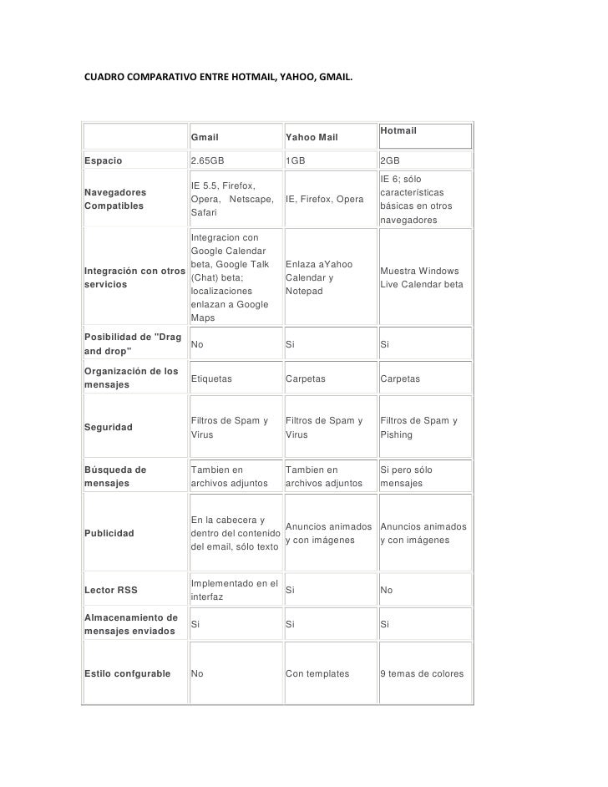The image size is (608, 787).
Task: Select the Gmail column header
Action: [x=205, y=136]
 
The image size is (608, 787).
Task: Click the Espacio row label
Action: [x=104, y=160]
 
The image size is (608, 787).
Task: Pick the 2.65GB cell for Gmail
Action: [x=207, y=160]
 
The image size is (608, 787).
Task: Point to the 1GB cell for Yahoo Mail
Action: [x=296, y=160]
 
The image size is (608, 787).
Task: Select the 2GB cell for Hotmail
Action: [x=389, y=160]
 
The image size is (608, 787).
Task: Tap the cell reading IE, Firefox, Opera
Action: [x=324, y=200]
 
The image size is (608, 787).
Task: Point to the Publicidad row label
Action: [x=109, y=533]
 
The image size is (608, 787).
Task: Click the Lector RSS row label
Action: [x=111, y=591]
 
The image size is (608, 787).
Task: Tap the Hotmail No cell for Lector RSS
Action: [x=386, y=591]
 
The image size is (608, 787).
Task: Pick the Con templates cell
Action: [x=317, y=673]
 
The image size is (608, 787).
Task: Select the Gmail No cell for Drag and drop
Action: [x=198, y=343]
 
